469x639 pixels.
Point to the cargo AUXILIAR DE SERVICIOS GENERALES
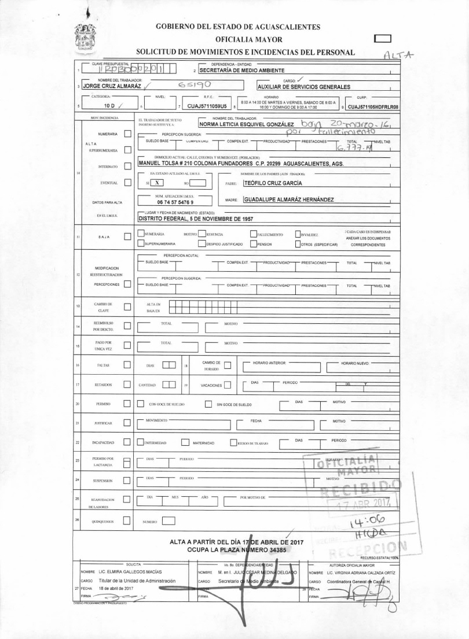coord(304,87)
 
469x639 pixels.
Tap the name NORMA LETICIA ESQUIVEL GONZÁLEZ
coord(247,124)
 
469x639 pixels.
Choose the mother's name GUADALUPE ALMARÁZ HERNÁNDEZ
coord(288,200)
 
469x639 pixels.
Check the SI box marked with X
coord(156,183)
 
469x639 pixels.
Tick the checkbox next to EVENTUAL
coord(128,183)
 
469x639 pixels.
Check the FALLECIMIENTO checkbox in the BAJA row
coord(254,234)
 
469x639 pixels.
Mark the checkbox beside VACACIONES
coord(228,385)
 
